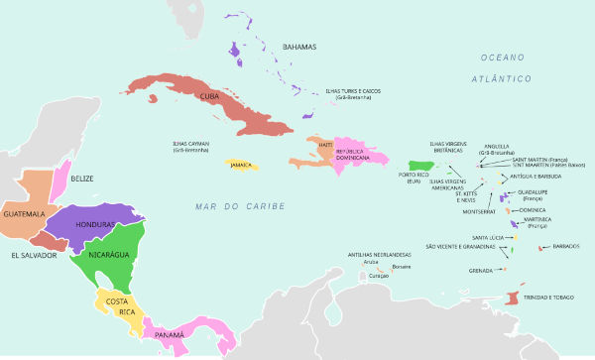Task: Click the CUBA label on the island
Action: (210, 96)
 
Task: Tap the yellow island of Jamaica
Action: (241, 165)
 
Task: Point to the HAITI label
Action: (325, 145)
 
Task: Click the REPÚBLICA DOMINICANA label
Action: (339, 155)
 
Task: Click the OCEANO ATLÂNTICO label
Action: (502, 67)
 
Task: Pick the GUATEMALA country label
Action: (24, 214)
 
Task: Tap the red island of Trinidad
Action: (511, 297)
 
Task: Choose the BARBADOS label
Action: (566, 246)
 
